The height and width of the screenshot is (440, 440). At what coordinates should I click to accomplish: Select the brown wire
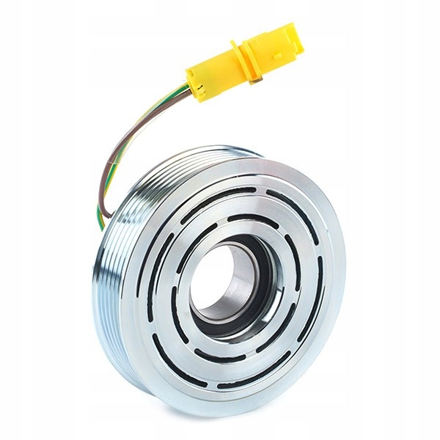[117, 147]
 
